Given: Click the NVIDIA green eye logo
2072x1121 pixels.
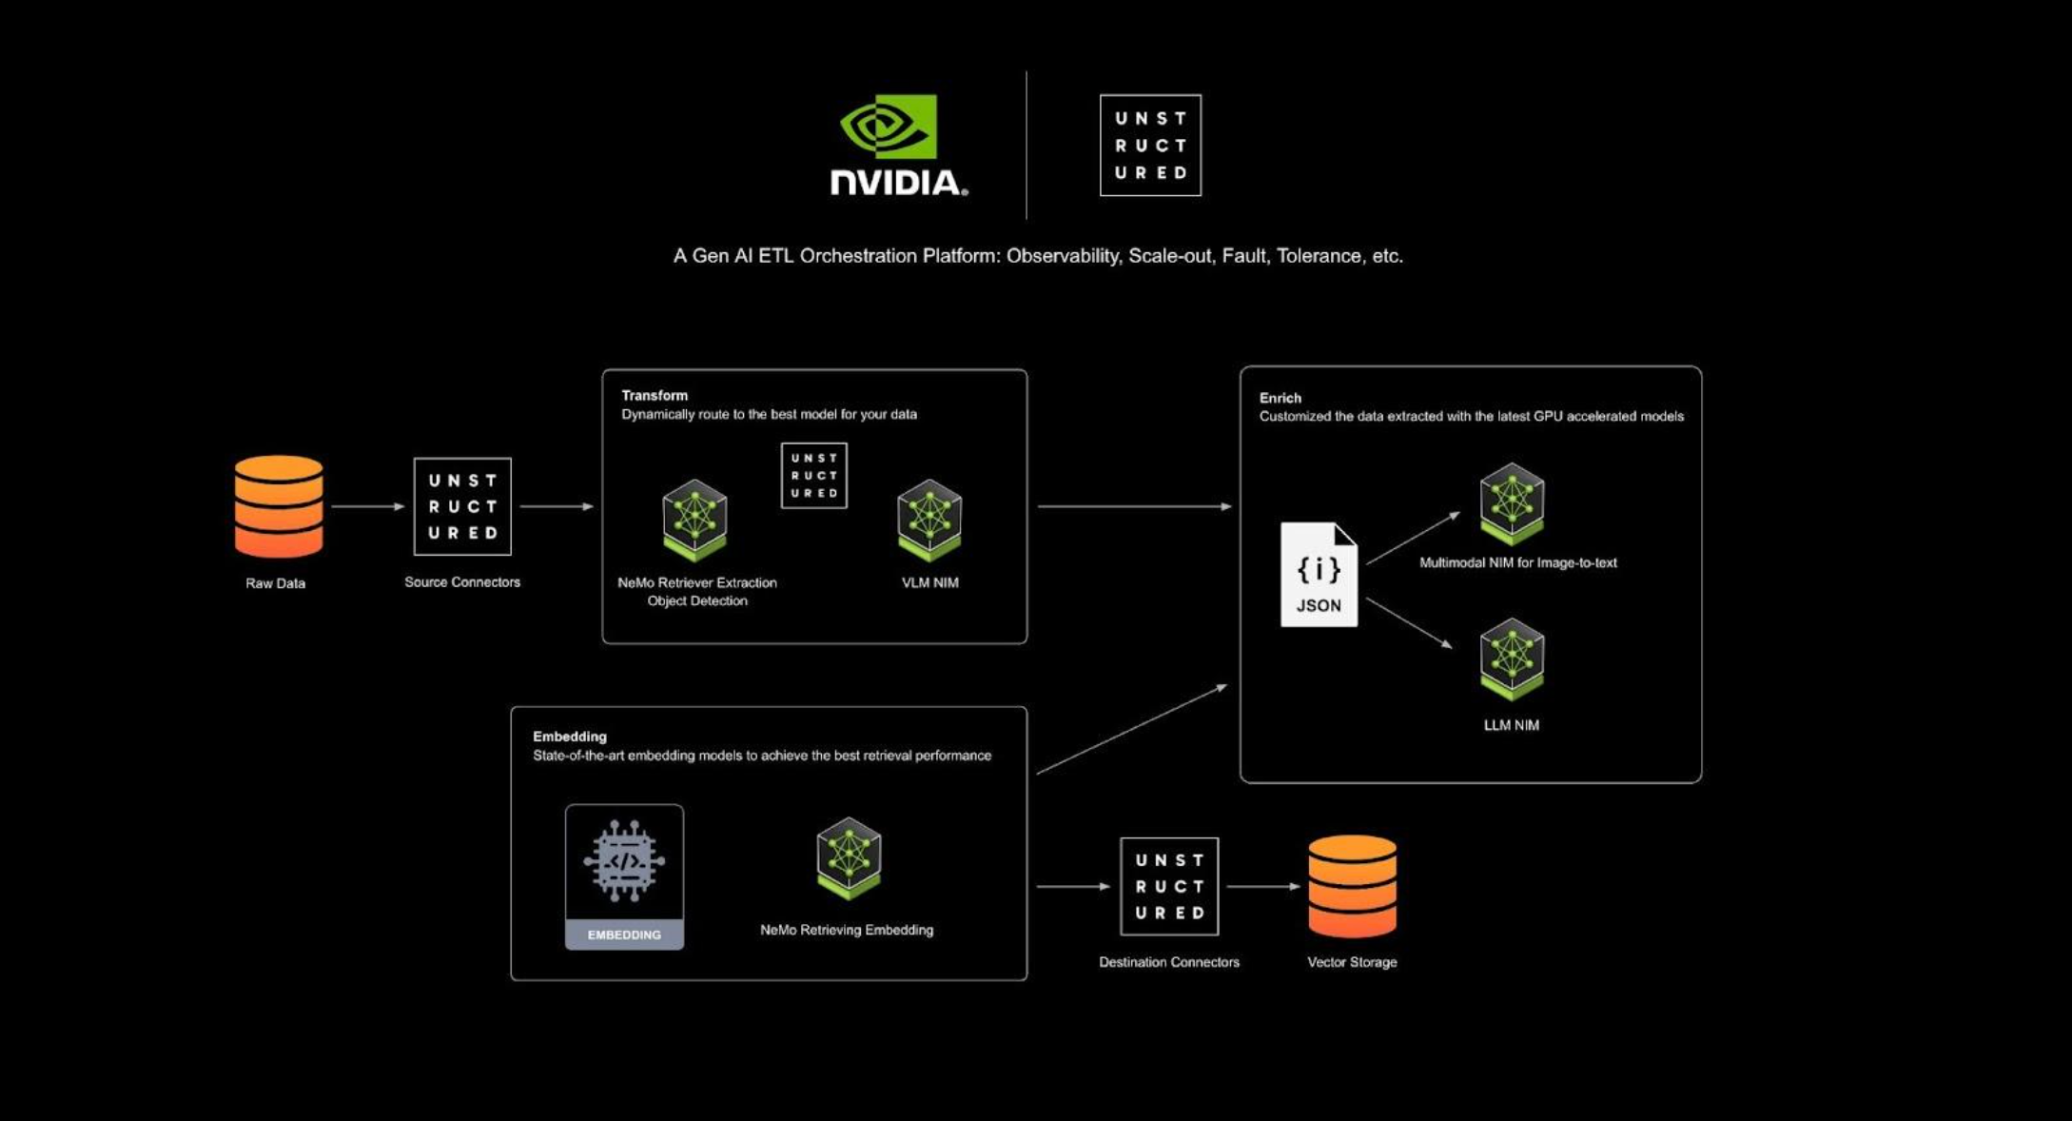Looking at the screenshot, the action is click(889, 126).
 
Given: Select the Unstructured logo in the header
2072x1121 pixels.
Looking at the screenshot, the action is click(1150, 145).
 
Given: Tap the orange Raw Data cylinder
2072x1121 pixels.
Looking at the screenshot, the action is click(279, 506).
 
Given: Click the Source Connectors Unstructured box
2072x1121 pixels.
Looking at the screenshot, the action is click(462, 506).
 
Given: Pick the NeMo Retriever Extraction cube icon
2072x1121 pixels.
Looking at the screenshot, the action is click(694, 520).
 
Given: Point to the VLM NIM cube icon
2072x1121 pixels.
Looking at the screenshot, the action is click(929, 520).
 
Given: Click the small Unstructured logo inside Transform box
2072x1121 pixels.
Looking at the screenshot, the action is click(814, 475).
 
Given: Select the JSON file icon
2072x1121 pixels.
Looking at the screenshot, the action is click(1319, 574).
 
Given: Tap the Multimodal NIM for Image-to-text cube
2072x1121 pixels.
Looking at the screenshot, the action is click(1512, 502).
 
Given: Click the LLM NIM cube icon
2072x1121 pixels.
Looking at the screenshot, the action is click(1512, 659).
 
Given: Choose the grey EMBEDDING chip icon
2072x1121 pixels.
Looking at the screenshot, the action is click(624, 876).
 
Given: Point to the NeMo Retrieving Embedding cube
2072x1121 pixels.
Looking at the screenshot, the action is click(849, 857).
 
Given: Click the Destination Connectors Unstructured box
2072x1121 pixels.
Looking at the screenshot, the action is click(1169, 886).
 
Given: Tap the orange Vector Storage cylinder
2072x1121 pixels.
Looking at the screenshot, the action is click(1352, 886).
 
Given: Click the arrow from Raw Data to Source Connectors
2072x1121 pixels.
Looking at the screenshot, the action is click(368, 506).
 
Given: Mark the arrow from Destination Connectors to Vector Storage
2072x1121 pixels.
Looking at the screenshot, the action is click(1264, 886).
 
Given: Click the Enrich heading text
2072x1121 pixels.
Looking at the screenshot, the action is click(1280, 398).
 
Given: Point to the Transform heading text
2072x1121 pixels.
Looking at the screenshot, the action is click(655, 395).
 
